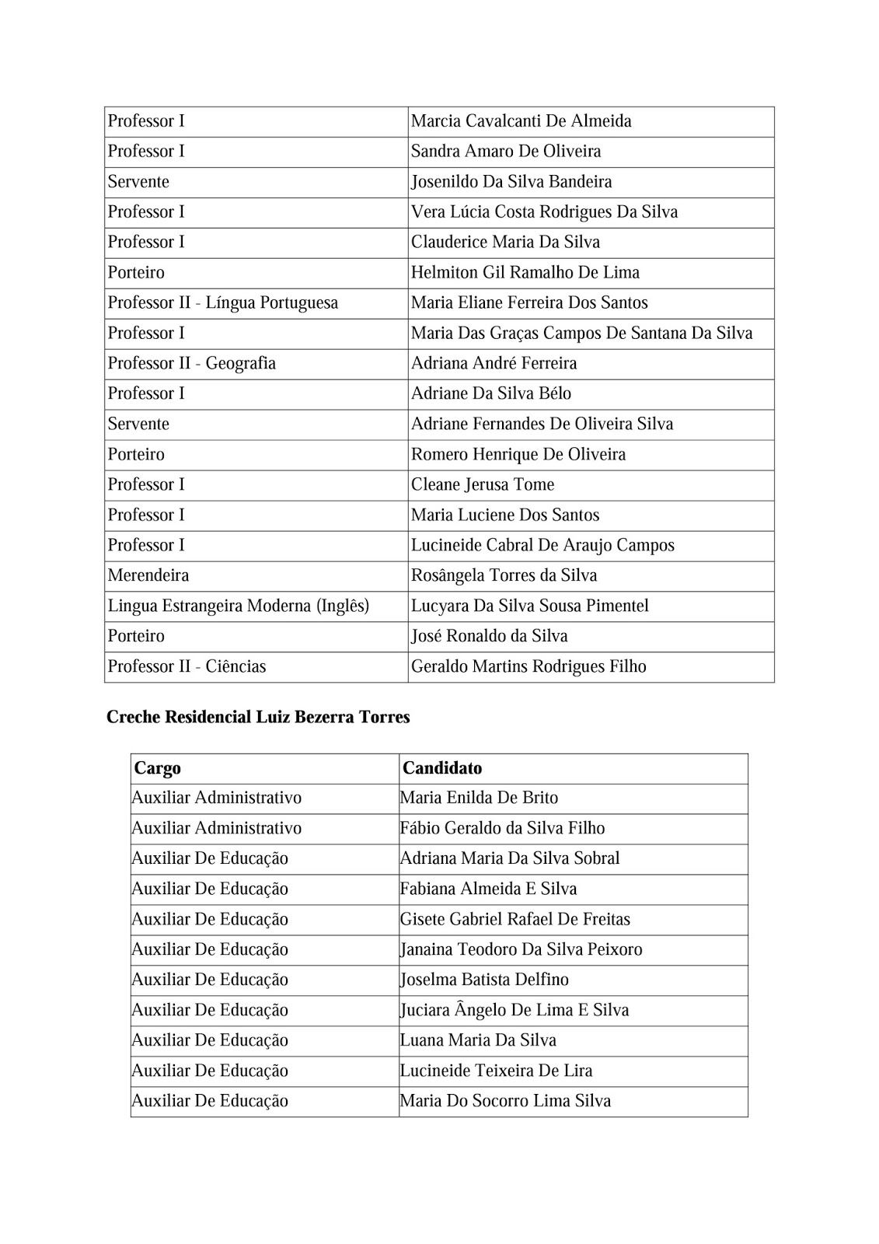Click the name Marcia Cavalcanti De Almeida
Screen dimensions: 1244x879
tap(521, 121)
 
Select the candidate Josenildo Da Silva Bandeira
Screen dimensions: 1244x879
tap(511, 182)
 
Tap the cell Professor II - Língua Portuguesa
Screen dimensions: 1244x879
tap(223, 303)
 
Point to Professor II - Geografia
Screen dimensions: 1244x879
tap(192, 364)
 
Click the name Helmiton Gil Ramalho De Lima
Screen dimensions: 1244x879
tap(525, 273)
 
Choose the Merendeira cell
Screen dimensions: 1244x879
tap(148, 576)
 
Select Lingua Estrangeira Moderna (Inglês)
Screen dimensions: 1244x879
tap(239, 606)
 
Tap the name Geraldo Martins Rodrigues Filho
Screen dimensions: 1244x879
tap(528, 667)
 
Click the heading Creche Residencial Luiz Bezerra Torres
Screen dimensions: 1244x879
tap(258, 718)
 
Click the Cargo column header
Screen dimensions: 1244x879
tap(158, 768)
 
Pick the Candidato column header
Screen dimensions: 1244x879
tap(442, 768)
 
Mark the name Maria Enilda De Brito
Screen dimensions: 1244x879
tap(479, 798)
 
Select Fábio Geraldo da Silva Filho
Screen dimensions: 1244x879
tap(502, 828)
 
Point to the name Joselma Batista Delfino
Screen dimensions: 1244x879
tap(484, 980)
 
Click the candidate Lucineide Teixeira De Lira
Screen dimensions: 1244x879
tap(496, 1071)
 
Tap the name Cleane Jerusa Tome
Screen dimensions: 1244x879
tap(483, 485)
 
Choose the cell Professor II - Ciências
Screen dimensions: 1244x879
tap(187, 667)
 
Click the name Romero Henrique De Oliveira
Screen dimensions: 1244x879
tap(518, 455)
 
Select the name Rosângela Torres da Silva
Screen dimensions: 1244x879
tap(504, 576)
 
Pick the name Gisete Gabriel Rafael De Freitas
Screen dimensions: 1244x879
tap(515, 919)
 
